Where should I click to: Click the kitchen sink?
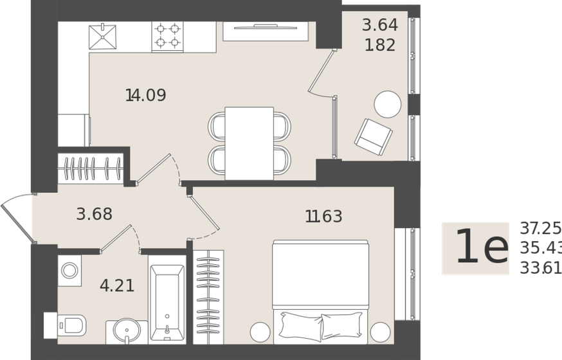click(102, 37)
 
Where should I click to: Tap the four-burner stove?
click(167, 37)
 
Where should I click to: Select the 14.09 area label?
click(146, 96)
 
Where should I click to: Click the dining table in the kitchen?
click(249, 143)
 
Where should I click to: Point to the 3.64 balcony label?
click(379, 26)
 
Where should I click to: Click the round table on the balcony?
click(388, 104)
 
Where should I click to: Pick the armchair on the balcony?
click(374, 136)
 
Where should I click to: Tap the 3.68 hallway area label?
click(95, 215)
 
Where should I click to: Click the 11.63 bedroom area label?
click(323, 217)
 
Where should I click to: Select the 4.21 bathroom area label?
click(117, 285)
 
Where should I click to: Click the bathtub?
click(167, 303)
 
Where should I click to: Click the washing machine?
click(69, 271)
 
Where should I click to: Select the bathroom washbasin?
click(126, 332)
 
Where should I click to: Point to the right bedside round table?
click(381, 332)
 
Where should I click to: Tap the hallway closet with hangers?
click(91, 168)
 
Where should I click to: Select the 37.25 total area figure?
click(540, 228)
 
